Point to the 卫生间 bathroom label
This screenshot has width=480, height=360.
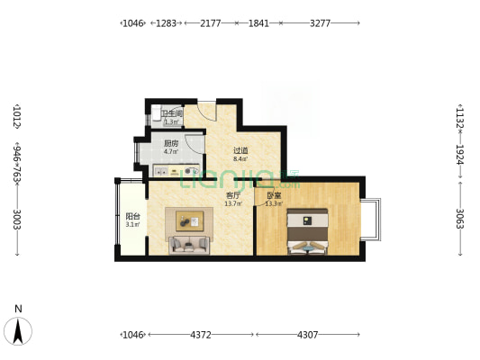pyautogui.click(x=172, y=114)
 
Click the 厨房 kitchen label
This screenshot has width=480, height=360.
pyautogui.click(x=170, y=143)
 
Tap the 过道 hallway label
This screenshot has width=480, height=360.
pyautogui.click(x=240, y=150)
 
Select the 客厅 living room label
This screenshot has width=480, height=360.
pyautogui.click(x=232, y=195)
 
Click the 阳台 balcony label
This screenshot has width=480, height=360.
pyautogui.click(x=132, y=216)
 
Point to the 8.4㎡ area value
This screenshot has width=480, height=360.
pyautogui.click(x=240, y=158)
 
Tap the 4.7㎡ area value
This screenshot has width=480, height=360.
pyautogui.click(x=170, y=151)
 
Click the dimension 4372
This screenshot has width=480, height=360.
pyautogui.click(x=200, y=335)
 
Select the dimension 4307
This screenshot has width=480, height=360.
pyautogui.click(x=308, y=335)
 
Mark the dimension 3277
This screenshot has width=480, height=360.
pyautogui.click(x=321, y=22)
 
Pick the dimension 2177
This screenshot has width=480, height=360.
pyautogui.click(x=211, y=22)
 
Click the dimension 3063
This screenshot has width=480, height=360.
pyautogui.click(x=459, y=219)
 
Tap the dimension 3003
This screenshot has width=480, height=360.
pyautogui.click(x=17, y=219)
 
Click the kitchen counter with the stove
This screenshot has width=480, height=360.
pyautogui.click(x=175, y=171)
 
